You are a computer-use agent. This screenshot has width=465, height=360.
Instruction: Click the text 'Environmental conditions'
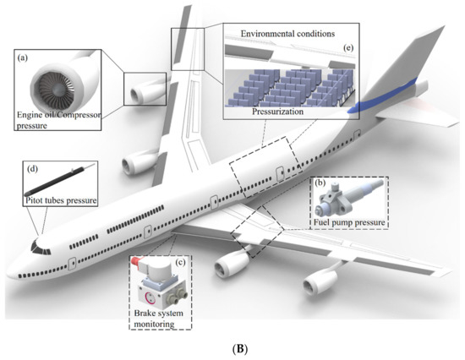pos(287,33)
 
